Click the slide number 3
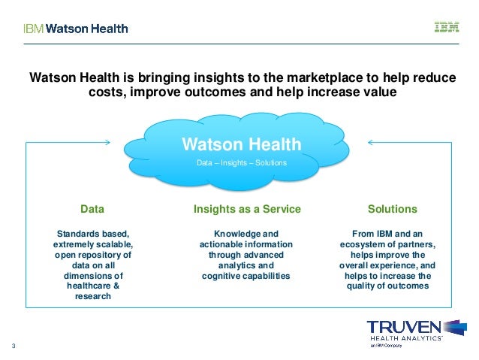pos(14,346)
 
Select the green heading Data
pos(92,208)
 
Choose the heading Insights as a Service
pos(247,208)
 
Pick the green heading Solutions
pos(392,208)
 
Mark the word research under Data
pos(92,296)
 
